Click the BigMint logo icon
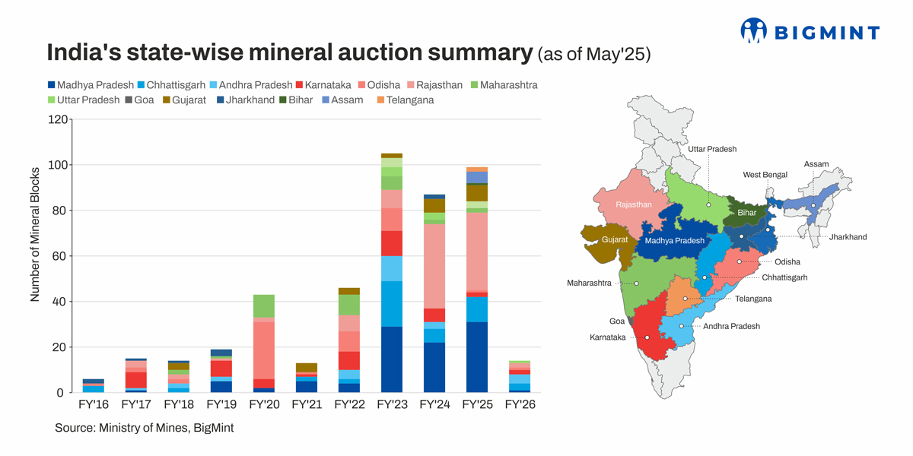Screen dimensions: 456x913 [x=753, y=31]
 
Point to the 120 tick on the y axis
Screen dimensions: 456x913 [x=56, y=119]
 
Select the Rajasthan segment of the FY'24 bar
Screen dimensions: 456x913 [x=434, y=266]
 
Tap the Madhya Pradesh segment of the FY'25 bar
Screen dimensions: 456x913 [x=477, y=357]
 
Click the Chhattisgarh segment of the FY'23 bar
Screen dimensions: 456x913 [x=391, y=304]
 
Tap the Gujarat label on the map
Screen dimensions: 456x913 [x=615, y=239]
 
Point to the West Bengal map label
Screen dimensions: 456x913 [x=765, y=175]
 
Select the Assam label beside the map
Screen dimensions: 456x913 [x=816, y=164]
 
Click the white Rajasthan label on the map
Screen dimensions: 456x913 [x=634, y=204]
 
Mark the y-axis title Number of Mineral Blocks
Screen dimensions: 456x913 [x=35, y=234]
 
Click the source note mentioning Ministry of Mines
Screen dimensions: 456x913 [x=144, y=428]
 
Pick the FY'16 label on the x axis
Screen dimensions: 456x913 [x=94, y=404]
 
